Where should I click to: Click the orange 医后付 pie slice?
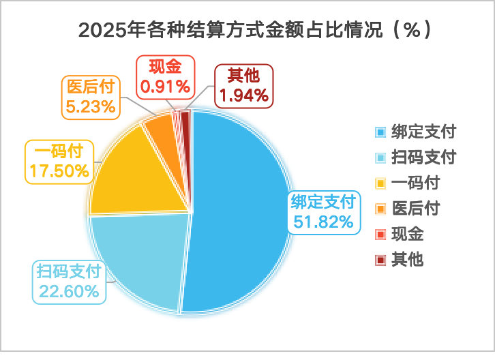pos(161,129)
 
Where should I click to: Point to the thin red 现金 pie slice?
pos(177,117)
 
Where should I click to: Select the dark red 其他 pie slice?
pos(185,117)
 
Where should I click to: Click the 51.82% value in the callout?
pos(323,222)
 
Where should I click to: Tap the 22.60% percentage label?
pos(69,291)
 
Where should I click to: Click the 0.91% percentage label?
pos(165,87)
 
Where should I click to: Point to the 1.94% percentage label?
pos(244,95)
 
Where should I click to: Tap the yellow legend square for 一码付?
pos(380,183)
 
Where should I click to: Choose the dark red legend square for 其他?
pos(380,260)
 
